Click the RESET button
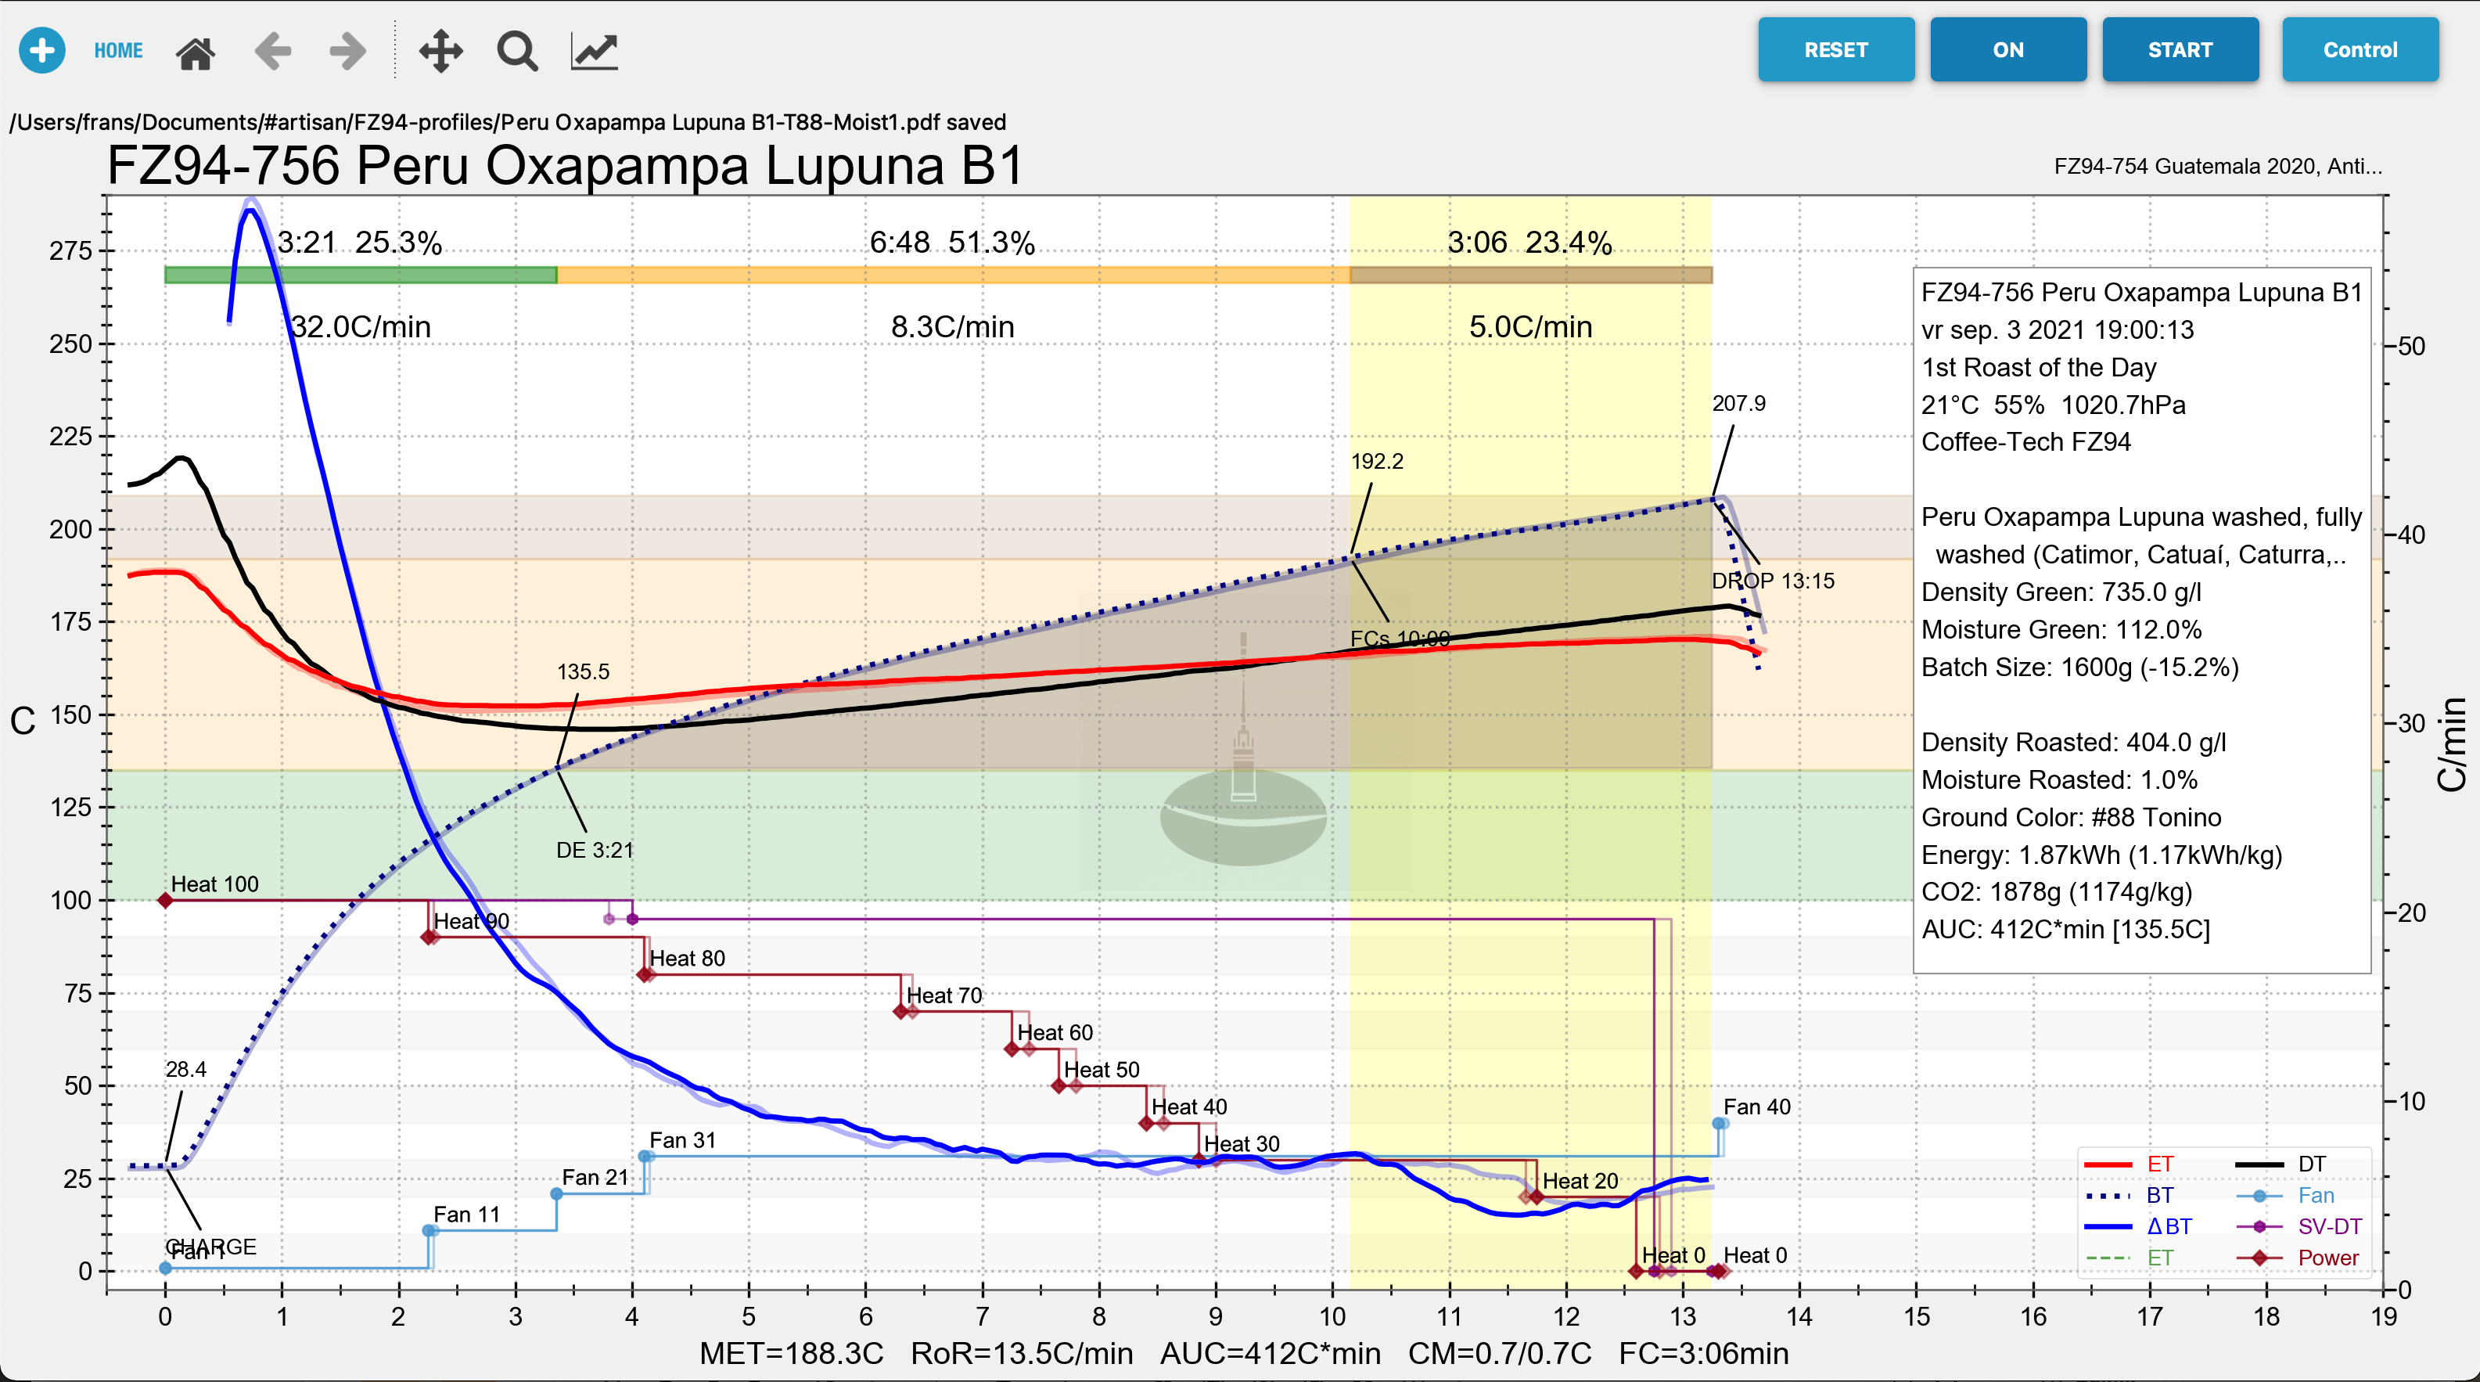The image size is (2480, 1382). coord(1835,50)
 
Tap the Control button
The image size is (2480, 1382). coord(2360,50)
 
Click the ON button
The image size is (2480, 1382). coord(2007,50)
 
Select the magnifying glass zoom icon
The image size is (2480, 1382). coord(517,51)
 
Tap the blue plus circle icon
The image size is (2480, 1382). coord(42,50)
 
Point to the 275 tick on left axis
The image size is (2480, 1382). coord(70,251)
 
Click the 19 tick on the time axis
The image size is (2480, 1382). coord(2383,1316)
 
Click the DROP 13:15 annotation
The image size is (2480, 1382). coord(1773,581)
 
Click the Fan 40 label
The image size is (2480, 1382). coord(1756,1107)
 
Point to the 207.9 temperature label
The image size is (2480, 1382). coord(1738,404)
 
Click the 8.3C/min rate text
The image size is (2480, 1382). coord(952,326)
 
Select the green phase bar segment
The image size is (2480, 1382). coord(360,275)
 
